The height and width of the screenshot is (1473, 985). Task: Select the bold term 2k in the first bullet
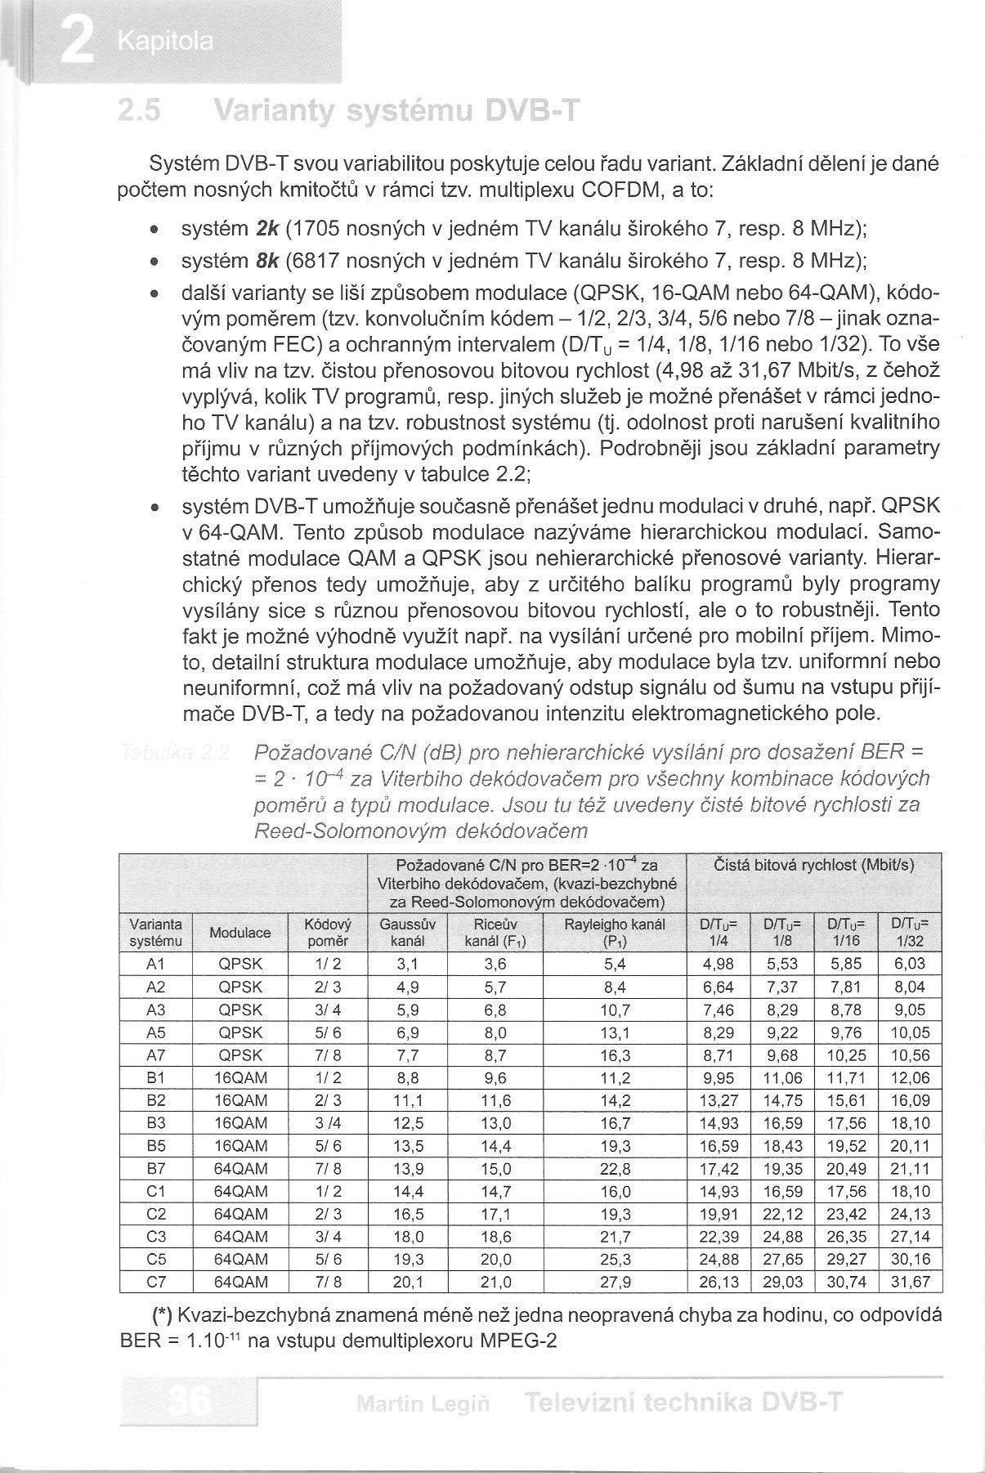267,226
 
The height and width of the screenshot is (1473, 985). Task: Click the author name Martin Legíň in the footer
423,1404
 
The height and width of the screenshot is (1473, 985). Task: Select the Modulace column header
240,933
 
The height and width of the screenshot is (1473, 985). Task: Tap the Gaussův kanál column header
408,933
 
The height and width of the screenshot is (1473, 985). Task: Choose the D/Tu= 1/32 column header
910,933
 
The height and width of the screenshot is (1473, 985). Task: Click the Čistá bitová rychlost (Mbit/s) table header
813,865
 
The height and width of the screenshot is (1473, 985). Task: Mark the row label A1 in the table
155,965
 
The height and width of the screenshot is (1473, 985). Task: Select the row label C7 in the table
155,1282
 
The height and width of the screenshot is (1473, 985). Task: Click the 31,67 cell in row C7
910,1282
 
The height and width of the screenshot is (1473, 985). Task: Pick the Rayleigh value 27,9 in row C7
615,1282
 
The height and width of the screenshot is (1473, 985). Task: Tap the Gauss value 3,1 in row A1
408,965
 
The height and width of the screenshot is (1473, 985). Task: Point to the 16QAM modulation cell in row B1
240,1078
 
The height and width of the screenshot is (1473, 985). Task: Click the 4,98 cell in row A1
719,965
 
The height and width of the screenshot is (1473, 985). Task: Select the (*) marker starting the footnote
162,1315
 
